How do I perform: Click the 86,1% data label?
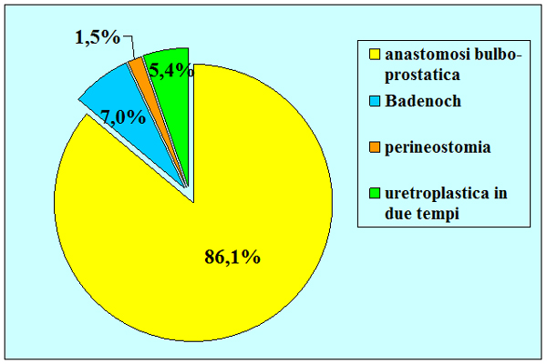232,257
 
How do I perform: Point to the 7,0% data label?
123,117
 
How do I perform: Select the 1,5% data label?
98,37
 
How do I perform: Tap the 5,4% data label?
171,70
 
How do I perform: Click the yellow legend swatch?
375,55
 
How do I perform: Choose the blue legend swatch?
375,101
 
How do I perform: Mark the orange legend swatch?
375,147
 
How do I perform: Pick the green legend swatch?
375,193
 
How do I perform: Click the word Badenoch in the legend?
423,101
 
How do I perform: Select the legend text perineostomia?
438,147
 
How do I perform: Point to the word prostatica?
422,76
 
